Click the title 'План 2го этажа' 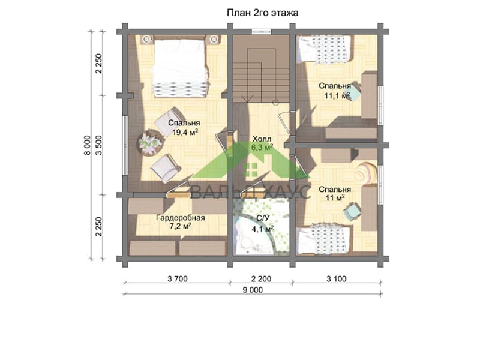tap(263, 13)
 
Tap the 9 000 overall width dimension tap(253, 290)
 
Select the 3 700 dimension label tap(178, 279)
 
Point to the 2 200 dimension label tap(261, 279)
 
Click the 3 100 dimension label tap(337, 279)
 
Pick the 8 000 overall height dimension tap(88, 145)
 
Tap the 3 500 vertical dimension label tap(98, 145)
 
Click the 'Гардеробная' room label tap(181, 218)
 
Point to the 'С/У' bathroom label tap(263, 218)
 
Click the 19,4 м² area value tap(185, 132)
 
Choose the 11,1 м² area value tap(337, 95)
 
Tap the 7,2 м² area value tap(181, 227)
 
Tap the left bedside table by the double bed tap(147, 39)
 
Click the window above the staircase tap(262, 31)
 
